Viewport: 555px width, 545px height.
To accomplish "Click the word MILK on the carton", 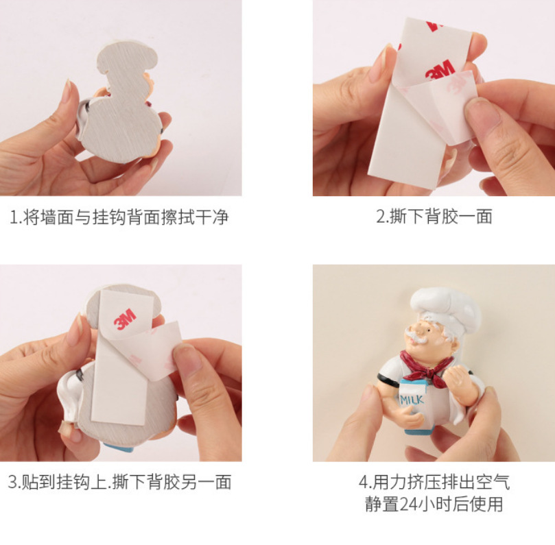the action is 412,400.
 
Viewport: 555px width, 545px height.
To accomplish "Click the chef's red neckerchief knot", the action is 430,373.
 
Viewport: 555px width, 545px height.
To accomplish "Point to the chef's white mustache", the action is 422,338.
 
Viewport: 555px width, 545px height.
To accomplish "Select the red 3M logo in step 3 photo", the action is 125,319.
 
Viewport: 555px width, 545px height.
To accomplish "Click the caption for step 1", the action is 119,217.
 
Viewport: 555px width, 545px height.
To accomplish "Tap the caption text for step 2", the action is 434,217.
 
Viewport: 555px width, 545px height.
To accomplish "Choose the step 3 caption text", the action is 119,482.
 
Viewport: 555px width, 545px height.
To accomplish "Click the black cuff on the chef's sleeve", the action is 385,380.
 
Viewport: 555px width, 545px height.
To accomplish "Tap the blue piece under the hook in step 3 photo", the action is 119,447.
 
